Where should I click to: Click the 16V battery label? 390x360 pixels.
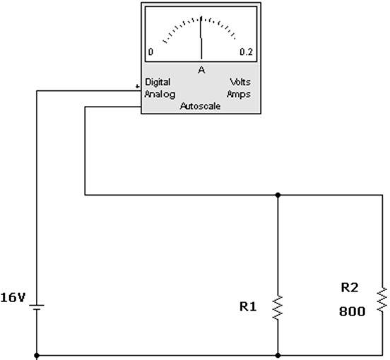[13, 297]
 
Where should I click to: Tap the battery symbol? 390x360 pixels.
[37, 307]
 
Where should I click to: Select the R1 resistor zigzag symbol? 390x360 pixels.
[278, 307]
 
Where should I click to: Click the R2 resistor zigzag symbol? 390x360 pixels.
[382, 299]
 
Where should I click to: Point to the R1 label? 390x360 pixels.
[248, 306]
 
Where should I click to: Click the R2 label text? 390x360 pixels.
[350, 287]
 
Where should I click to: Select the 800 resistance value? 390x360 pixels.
[352, 311]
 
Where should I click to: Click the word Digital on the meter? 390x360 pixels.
[158, 83]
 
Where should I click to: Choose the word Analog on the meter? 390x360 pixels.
[160, 95]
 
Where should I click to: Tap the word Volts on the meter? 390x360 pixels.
[240, 82]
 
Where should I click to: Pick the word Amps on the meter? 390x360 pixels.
[239, 95]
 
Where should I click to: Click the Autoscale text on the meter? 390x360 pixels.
[200, 106]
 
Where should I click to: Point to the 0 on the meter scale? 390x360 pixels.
[150, 52]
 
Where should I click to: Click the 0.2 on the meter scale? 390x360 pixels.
[246, 52]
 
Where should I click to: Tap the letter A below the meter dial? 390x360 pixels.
[201, 71]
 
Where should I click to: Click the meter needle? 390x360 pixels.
[201, 37]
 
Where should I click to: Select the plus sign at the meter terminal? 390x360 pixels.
[137, 86]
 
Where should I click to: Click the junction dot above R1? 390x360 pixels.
[278, 195]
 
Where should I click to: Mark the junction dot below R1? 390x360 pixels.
[278, 356]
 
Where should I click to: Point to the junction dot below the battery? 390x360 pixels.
[37, 356]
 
